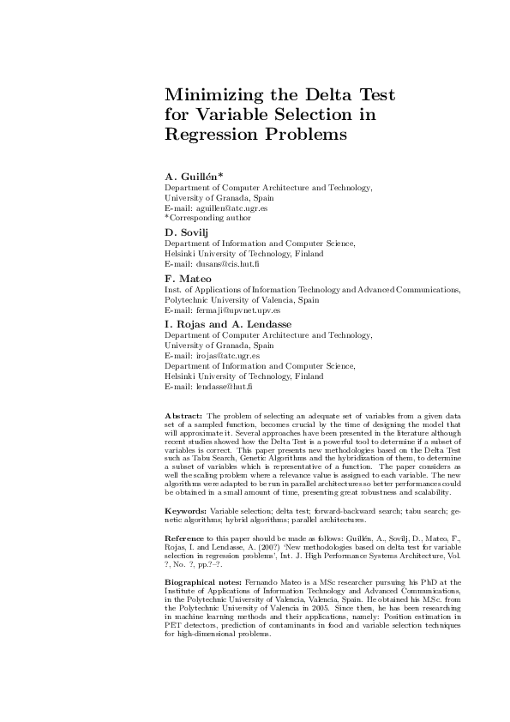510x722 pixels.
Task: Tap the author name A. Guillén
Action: [194, 176]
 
